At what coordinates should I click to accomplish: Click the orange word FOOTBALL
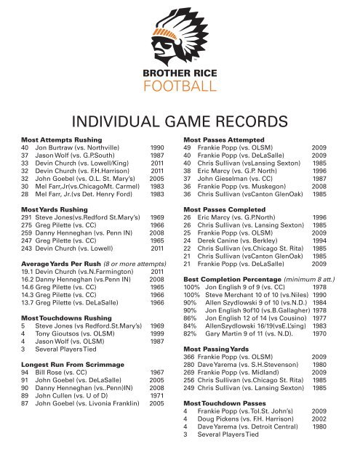coord(179,89)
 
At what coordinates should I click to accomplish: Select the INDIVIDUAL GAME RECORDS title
coord(180,120)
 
